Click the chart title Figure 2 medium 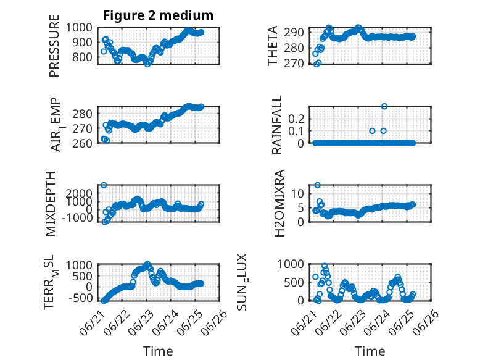pyautogui.click(x=159, y=15)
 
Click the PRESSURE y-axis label pyautogui.click(x=54, y=46)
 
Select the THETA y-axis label pyautogui.click(x=272, y=46)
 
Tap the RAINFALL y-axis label pyautogui.click(x=276, y=125)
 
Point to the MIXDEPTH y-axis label pyautogui.click(x=51, y=204)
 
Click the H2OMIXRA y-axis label pyautogui.click(x=279, y=203)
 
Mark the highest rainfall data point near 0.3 pyautogui.click(x=384, y=106)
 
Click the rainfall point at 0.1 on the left pyautogui.click(x=372, y=131)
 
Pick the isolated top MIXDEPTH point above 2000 pyautogui.click(x=104, y=185)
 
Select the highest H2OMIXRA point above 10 pyautogui.click(x=318, y=185)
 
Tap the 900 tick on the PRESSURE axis pyautogui.click(x=82, y=42)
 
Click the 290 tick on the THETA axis pyautogui.click(x=294, y=32)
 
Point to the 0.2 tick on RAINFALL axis pyautogui.click(x=296, y=119)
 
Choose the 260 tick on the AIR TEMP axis pyautogui.click(x=82, y=143)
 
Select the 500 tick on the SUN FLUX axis pyautogui.click(x=294, y=282)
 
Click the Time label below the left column pyautogui.click(x=159, y=351)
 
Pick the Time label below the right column pyautogui.click(x=370, y=351)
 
